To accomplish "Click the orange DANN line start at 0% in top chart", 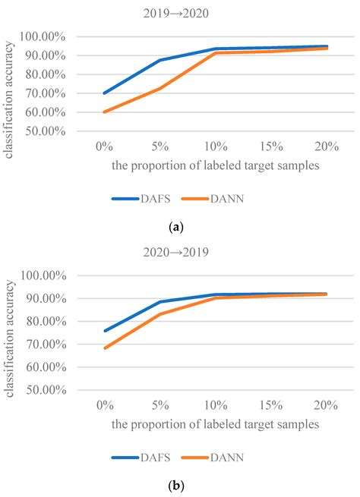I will click(x=105, y=112).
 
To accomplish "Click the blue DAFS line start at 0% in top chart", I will click(x=105, y=93).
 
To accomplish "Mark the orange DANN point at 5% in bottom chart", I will click(x=160, y=313).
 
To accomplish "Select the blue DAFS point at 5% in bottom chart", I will click(x=160, y=302).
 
